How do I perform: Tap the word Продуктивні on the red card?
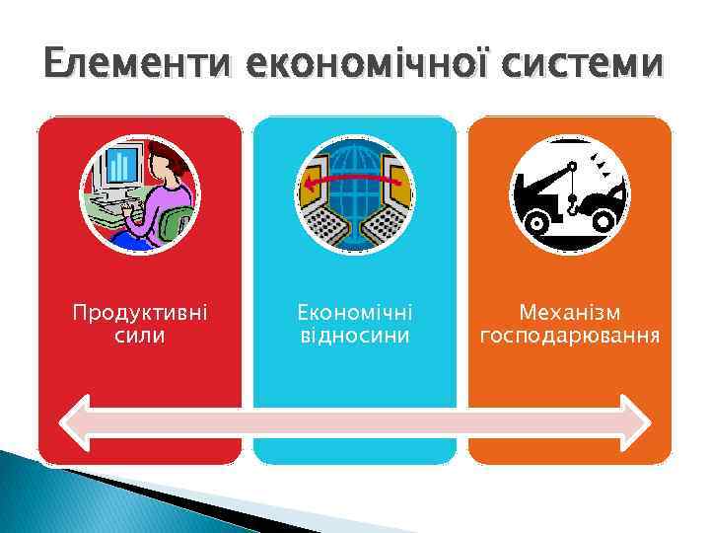[x=140, y=313]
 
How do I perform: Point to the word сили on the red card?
[x=140, y=336]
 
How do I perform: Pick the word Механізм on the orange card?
[x=569, y=313]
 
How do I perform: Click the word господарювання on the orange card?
[x=569, y=336]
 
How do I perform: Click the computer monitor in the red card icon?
[x=121, y=172]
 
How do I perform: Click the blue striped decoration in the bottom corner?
[x=59, y=498]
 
